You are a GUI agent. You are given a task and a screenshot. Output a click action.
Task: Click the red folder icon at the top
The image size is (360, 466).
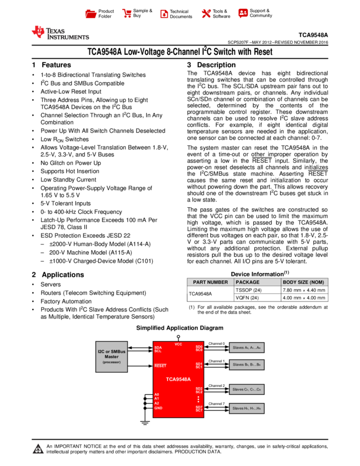[91, 14]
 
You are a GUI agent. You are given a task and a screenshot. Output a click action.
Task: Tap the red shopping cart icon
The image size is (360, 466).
[127, 14]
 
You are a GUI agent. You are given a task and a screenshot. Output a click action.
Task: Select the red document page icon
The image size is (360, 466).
[164, 14]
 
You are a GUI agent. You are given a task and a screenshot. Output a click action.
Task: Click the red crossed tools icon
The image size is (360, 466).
[206, 14]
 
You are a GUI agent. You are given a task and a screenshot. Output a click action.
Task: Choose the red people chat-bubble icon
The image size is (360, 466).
[243, 13]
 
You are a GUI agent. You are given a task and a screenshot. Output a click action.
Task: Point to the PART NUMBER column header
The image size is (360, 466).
[210, 282]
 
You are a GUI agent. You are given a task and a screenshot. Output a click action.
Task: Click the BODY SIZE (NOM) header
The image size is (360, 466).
[304, 282]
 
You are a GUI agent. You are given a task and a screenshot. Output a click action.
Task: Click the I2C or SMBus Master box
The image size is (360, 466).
[111, 356]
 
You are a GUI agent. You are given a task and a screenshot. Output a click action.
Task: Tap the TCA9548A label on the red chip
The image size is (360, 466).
[178, 379]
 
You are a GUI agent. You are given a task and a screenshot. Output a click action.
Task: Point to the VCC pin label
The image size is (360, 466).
[178, 344]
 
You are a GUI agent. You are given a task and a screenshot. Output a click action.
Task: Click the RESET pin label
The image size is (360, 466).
[160, 366]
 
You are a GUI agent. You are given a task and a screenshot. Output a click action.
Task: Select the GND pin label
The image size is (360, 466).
[158, 408]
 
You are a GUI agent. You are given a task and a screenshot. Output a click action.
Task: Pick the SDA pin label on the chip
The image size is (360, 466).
[158, 347]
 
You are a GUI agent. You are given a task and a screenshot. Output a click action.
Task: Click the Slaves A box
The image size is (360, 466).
[247, 348]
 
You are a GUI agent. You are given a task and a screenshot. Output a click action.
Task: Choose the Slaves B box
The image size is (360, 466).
[247, 365]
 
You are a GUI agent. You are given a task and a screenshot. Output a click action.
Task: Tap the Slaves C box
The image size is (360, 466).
[247, 389]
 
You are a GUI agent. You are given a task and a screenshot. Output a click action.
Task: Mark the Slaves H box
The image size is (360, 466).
[247, 408]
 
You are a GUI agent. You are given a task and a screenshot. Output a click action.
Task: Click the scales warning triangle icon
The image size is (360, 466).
[38, 449]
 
